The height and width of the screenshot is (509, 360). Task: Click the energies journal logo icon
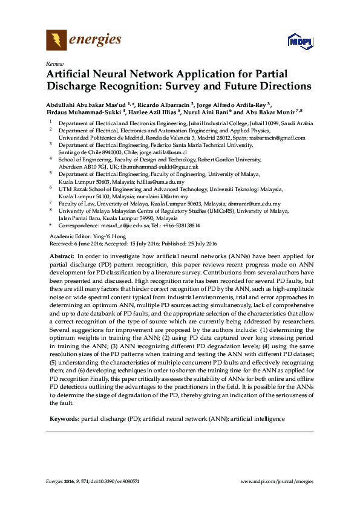(x=56, y=41)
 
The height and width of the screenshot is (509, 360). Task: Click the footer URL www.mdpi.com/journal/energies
(x=277, y=481)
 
